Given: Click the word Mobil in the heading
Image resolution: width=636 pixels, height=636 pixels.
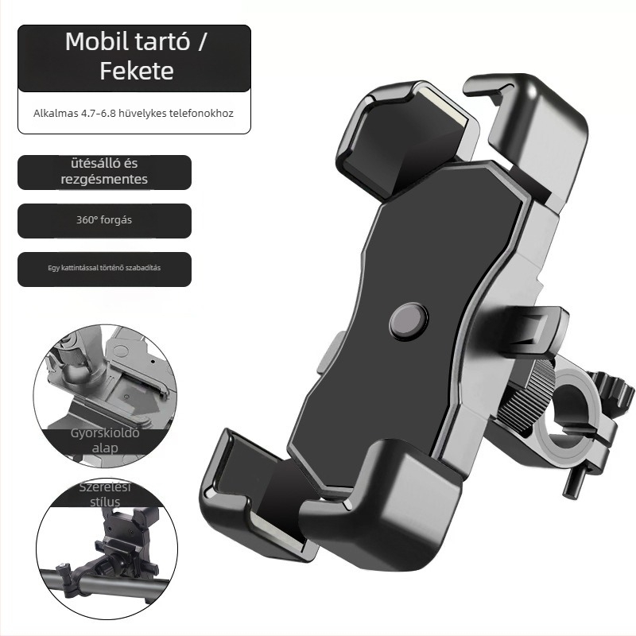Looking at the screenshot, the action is pos(98,41).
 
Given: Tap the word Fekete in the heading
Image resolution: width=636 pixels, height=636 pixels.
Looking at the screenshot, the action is pos(137,71).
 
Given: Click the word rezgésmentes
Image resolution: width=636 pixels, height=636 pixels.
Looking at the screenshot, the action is pos(104,180).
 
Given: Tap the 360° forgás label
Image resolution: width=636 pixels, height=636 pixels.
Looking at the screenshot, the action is pos(104,220).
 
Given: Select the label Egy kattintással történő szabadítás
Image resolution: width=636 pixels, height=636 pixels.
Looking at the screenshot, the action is pos(104,268).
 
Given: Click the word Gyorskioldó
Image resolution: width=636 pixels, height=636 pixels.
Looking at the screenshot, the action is pos(105,433).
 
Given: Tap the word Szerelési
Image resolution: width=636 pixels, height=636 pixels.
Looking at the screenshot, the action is pos(105,487).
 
